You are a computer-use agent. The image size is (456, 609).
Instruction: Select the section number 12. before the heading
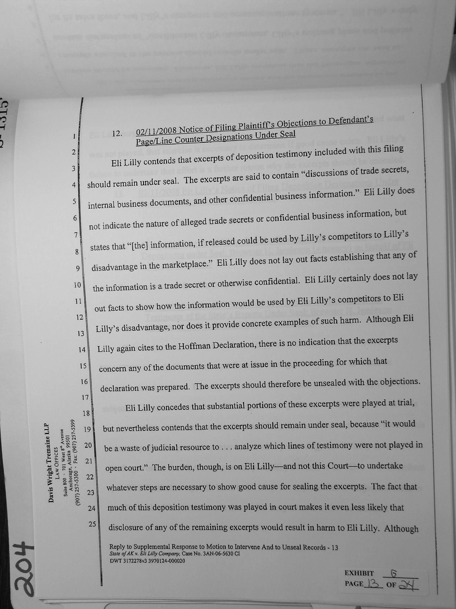117,134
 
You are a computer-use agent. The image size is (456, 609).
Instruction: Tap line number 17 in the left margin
85,397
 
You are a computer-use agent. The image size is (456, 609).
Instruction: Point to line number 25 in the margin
92,524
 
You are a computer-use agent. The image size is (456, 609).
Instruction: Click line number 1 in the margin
75,136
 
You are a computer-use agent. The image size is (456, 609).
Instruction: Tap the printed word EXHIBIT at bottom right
359,573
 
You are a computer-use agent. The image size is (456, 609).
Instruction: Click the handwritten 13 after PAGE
373,584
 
